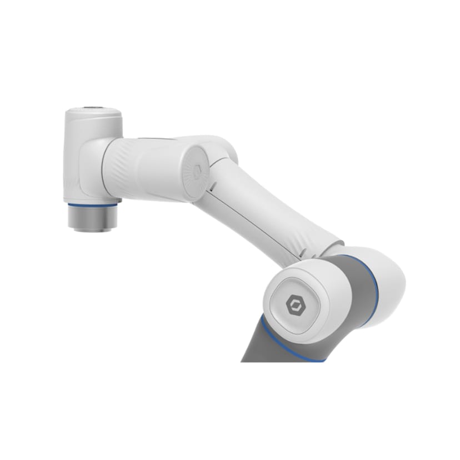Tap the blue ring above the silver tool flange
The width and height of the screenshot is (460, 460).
coord(92,205)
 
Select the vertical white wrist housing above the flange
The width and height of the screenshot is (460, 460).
coord(89,156)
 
